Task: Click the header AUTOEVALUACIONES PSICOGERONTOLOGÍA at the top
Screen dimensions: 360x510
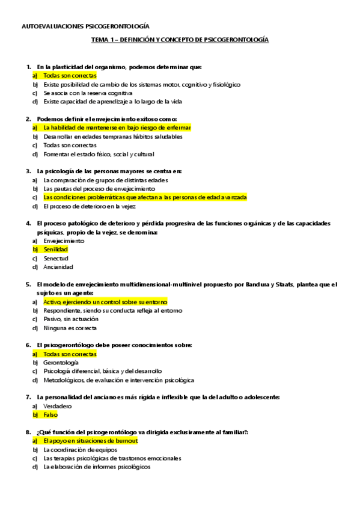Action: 85,26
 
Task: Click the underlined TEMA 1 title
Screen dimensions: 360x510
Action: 180,40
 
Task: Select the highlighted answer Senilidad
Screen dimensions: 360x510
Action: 55,249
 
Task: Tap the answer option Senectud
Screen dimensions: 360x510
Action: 56,258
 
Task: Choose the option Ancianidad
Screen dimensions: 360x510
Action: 58,266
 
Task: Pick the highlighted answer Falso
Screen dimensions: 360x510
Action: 51,415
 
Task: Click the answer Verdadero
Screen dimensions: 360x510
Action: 58,406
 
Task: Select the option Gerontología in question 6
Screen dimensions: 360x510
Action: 61,363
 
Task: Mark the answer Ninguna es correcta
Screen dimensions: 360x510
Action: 70,328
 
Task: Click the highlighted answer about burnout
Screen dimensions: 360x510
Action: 91,441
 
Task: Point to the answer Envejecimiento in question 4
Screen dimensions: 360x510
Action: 64,241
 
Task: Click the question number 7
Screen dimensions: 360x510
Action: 28,397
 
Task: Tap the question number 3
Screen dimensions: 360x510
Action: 28,171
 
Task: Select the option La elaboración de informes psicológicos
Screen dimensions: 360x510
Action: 97,467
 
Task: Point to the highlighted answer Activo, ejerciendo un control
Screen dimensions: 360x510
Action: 105,302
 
